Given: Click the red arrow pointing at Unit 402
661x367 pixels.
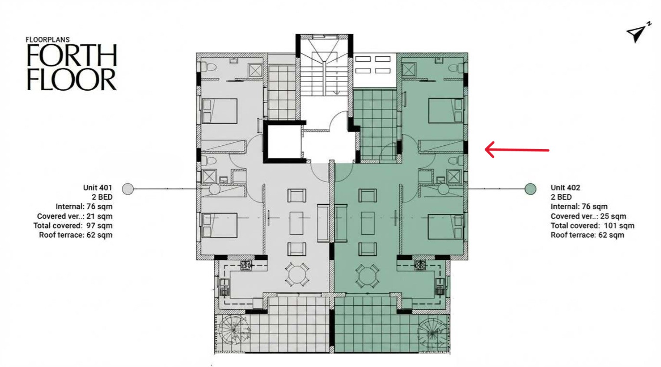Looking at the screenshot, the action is point(517,150).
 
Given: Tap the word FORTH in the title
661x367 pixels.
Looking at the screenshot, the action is point(72,56).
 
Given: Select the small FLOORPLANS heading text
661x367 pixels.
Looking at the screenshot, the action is point(48,39).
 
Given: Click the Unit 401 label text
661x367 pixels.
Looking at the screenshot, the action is point(98,188).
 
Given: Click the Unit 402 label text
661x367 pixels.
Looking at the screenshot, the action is point(566,188).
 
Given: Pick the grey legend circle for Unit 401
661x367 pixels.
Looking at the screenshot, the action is point(128,189).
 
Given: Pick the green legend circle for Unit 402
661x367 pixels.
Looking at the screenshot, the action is point(530,189).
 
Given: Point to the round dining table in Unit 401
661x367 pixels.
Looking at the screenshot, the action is point(297,275).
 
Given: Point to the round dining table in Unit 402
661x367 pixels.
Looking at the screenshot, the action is point(368,275).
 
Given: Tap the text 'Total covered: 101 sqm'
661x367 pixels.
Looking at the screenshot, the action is point(592,226).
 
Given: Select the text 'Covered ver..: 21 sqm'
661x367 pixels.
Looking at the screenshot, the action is point(75,216).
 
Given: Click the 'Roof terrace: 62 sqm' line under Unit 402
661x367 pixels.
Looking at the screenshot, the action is point(588,235).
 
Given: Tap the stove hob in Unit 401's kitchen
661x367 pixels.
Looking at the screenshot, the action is point(246,265).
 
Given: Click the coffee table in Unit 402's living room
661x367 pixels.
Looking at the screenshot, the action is point(368,223).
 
